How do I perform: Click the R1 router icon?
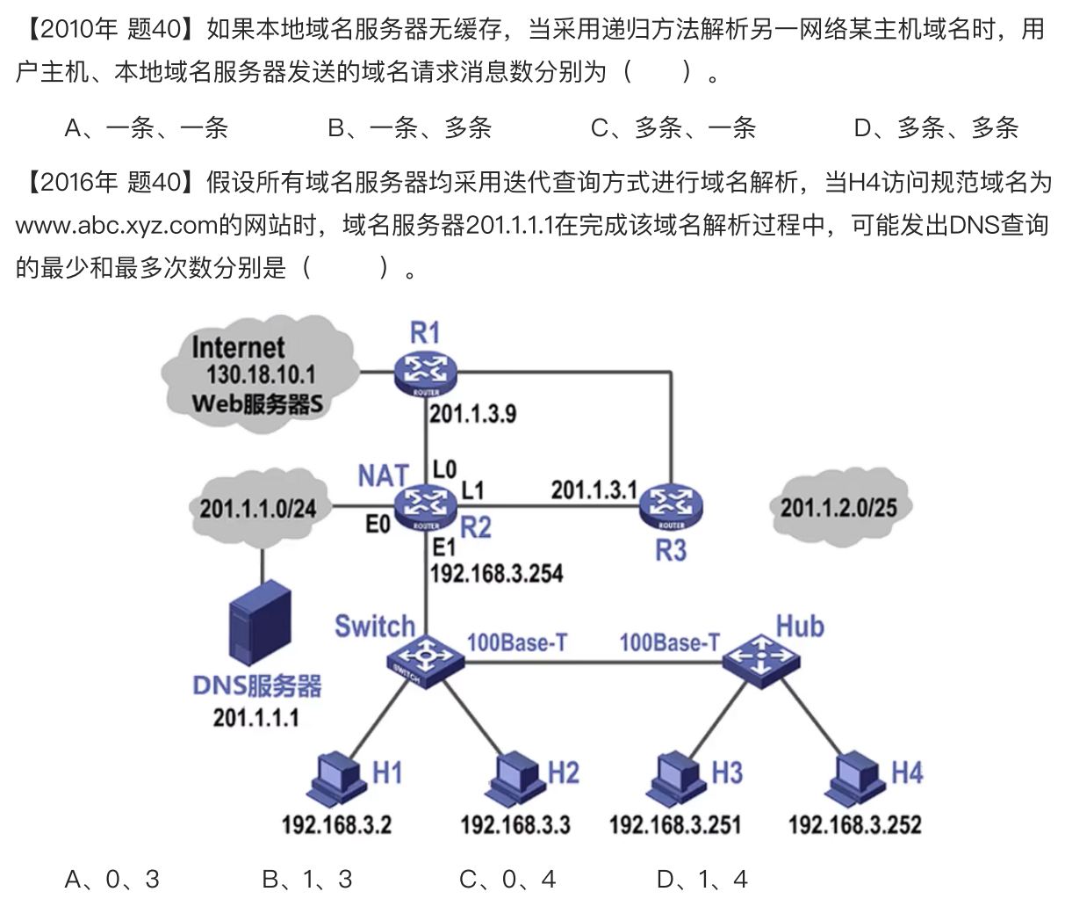click(x=426, y=373)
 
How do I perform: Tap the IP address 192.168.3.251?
click(x=675, y=825)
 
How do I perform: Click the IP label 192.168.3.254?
click(x=496, y=574)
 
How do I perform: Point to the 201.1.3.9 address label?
click(x=472, y=414)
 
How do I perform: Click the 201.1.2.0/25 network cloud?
click(x=838, y=507)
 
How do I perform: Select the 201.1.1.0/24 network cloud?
click(x=257, y=508)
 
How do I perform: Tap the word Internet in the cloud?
click(x=238, y=348)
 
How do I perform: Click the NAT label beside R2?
click(x=383, y=475)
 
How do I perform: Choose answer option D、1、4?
click(x=702, y=879)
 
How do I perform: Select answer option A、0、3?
click(x=112, y=879)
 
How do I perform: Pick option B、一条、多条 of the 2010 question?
click(x=409, y=128)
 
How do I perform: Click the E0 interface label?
click(x=378, y=525)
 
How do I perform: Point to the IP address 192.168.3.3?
click(x=515, y=825)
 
